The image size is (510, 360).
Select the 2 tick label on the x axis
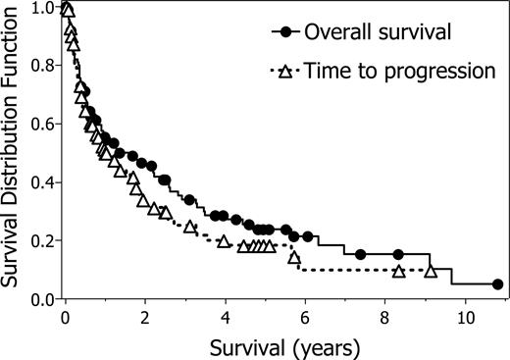(144, 318)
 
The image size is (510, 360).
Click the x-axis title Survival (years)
(273, 345)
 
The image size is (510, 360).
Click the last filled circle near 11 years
(497, 284)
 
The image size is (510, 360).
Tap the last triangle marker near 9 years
(430, 271)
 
